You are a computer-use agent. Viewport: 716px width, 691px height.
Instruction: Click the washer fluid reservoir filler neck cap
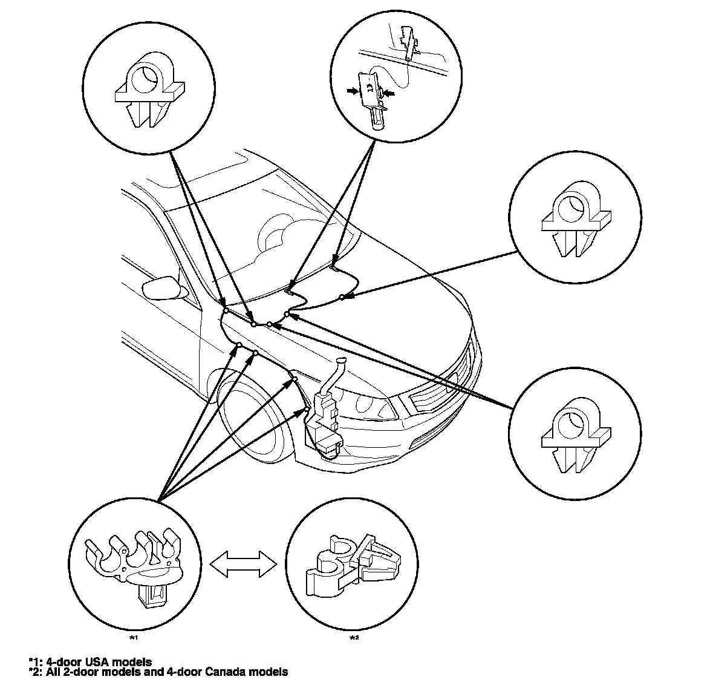[x=340, y=362]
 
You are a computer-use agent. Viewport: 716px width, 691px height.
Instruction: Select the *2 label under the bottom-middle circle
[x=354, y=637]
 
